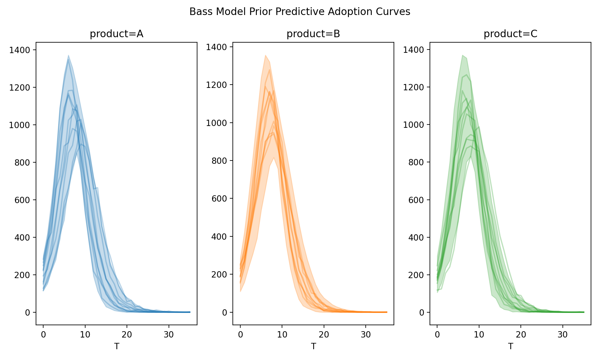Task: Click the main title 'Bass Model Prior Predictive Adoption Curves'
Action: (x=300, y=12)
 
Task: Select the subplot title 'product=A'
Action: (x=116, y=34)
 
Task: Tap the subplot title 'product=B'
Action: (x=313, y=34)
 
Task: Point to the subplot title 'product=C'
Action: (x=510, y=34)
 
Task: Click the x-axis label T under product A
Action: (x=116, y=346)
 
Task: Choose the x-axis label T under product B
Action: (x=313, y=346)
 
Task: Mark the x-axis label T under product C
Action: (x=510, y=346)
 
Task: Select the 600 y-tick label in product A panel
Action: (x=22, y=200)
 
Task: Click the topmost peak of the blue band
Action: (x=68, y=55)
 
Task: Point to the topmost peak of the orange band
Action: (x=265, y=55)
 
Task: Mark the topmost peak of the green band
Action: (x=463, y=55)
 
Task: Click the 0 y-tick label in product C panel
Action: (x=421, y=313)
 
